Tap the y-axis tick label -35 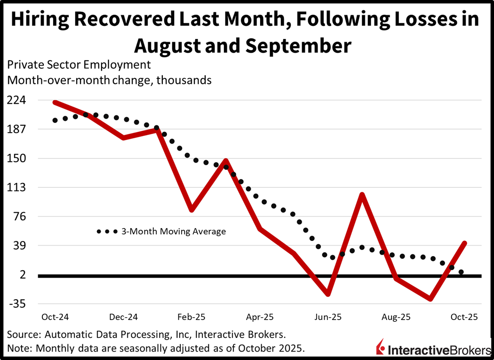pyautogui.click(x=17, y=304)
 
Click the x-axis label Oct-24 pyautogui.click(x=55, y=317)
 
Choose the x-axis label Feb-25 pyautogui.click(x=191, y=317)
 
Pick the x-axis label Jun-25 pyautogui.click(x=328, y=317)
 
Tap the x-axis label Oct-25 pyautogui.click(x=464, y=317)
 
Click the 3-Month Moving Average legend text pyautogui.click(x=174, y=232)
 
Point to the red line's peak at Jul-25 pyautogui.click(x=362, y=194)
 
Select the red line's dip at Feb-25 pyautogui.click(x=191, y=210)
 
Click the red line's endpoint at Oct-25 pyautogui.click(x=464, y=243)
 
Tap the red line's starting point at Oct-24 pyautogui.click(x=55, y=102)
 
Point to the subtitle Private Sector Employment pyautogui.click(x=79, y=64)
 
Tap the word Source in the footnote pyautogui.click(x=22, y=335)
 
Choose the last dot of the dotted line pyautogui.click(x=462, y=272)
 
